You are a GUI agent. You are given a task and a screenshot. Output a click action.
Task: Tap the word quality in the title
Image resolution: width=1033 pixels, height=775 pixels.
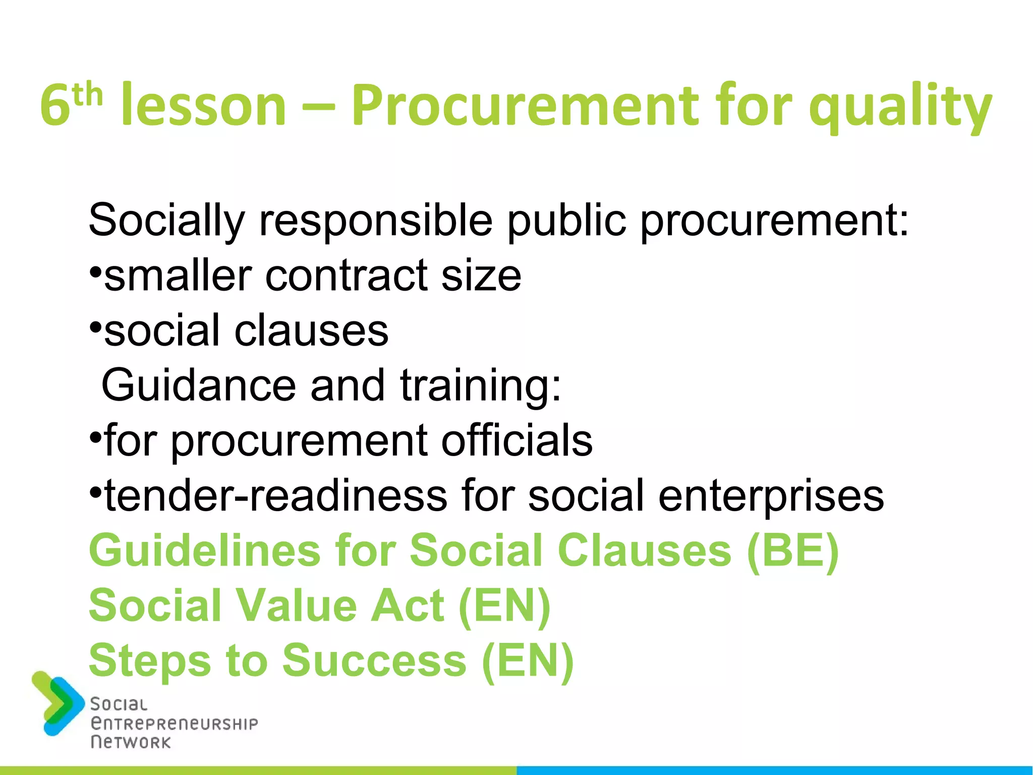900,108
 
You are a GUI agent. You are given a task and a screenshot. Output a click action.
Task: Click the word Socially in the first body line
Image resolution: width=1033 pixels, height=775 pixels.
166,220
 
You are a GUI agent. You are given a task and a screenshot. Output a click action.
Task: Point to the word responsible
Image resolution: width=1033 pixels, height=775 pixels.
376,220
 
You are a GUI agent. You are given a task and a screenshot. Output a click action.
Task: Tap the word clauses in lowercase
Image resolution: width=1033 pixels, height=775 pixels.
311,330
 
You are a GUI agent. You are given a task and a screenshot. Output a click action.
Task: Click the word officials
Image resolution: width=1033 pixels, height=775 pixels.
517,440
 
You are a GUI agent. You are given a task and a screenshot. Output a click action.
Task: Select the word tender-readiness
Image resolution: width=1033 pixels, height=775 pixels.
275,495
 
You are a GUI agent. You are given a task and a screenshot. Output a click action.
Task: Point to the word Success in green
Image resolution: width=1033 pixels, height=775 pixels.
374,660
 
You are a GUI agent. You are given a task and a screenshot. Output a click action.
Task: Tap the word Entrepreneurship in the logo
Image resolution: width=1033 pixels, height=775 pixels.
174,724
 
